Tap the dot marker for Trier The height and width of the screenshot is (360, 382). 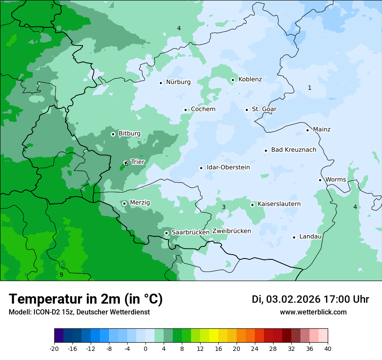coord(126,163)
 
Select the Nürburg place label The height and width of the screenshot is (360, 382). coord(178,82)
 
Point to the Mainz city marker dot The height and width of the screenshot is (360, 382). coord(307,130)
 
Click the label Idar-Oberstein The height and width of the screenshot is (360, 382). coord(228,167)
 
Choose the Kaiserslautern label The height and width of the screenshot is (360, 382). coord(279,204)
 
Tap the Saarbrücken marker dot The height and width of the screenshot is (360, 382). coord(166,233)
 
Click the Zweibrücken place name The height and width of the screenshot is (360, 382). coord(231,231)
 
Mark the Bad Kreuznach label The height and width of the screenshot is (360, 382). coord(293,150)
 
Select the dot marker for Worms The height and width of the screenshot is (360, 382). coord(320,180)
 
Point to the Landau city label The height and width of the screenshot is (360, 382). coord(310,236)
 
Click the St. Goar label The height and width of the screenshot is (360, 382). coord(264,109)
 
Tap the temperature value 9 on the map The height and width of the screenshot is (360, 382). coord(61,275)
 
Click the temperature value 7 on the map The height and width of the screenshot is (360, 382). coord(52,7)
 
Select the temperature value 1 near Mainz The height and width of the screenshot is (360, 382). coord(310,88)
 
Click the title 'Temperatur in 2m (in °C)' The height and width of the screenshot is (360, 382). coord(86,299)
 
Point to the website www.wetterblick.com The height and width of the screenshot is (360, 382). coord(313,312)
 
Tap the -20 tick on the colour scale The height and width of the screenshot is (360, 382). coord(54,349)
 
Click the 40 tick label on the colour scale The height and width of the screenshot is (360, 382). coord(328,349)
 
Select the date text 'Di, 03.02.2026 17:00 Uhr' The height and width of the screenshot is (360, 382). coord(310,299)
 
